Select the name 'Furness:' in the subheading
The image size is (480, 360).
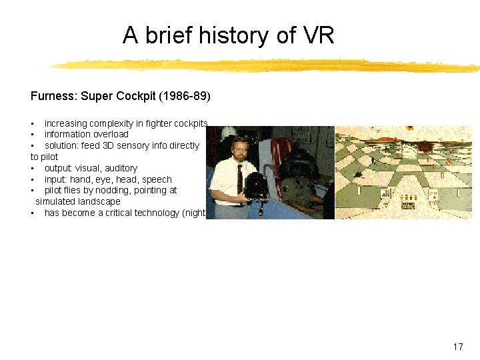click(x=54, y=96)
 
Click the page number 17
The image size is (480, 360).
click(x=457, y=347)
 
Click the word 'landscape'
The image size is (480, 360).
click(x=99, y=201)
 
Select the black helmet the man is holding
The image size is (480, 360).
click(x=256, y=186)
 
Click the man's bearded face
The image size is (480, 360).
click(x=238, y=150)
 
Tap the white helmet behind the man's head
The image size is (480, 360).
click(x=228, y=133)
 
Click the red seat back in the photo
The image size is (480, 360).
click(x=281, y=153)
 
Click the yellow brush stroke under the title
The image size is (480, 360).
click(x=267, y=66)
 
